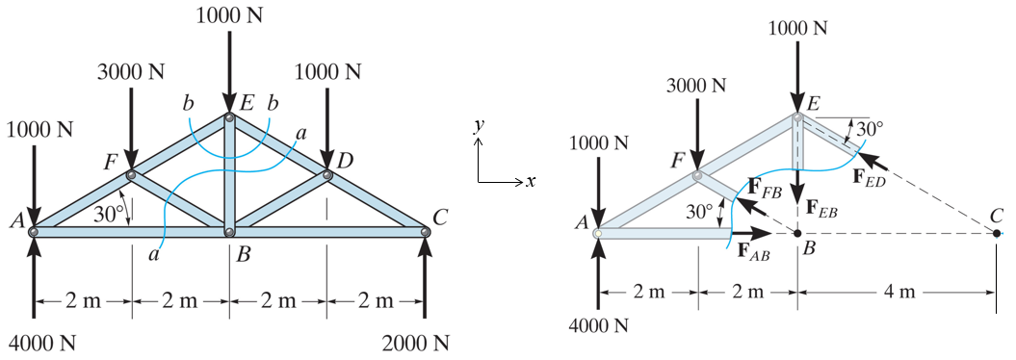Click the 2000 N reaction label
coord(415,343)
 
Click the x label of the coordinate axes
coord(530,181)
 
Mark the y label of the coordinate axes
coord(477,126)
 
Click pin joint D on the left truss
coord(327,174)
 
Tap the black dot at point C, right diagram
coord(997,232)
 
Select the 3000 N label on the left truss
coord(132,72)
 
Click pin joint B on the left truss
coord(229,232)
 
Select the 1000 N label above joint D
coord(327,72)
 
